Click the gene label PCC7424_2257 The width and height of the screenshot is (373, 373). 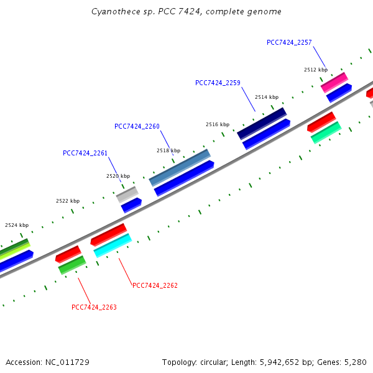point(289,42)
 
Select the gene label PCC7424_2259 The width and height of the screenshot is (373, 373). point(218,83)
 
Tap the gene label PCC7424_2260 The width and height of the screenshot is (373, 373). point(137,126)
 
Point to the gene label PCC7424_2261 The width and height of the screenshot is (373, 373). point(85,153)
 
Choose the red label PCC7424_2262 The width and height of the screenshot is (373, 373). point(155,286)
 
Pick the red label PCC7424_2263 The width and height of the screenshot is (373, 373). point(94,307)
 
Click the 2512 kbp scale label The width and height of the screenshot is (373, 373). point(316,70)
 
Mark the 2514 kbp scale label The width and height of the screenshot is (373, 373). point(266,97)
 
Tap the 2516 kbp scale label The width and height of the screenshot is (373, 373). point(218,124)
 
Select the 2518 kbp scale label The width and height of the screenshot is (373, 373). point(168,150)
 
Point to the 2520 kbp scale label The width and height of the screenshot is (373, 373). point(118,176)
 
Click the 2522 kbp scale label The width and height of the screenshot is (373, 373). point(68,201)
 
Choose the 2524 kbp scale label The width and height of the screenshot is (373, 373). point(17,225)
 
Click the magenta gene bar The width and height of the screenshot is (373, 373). point(334,82)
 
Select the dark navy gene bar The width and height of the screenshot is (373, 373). point(262,123)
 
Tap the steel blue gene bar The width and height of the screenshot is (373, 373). point(180,167)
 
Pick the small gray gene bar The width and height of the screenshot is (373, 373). point(127,195)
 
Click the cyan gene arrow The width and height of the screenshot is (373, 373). point(113,245)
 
